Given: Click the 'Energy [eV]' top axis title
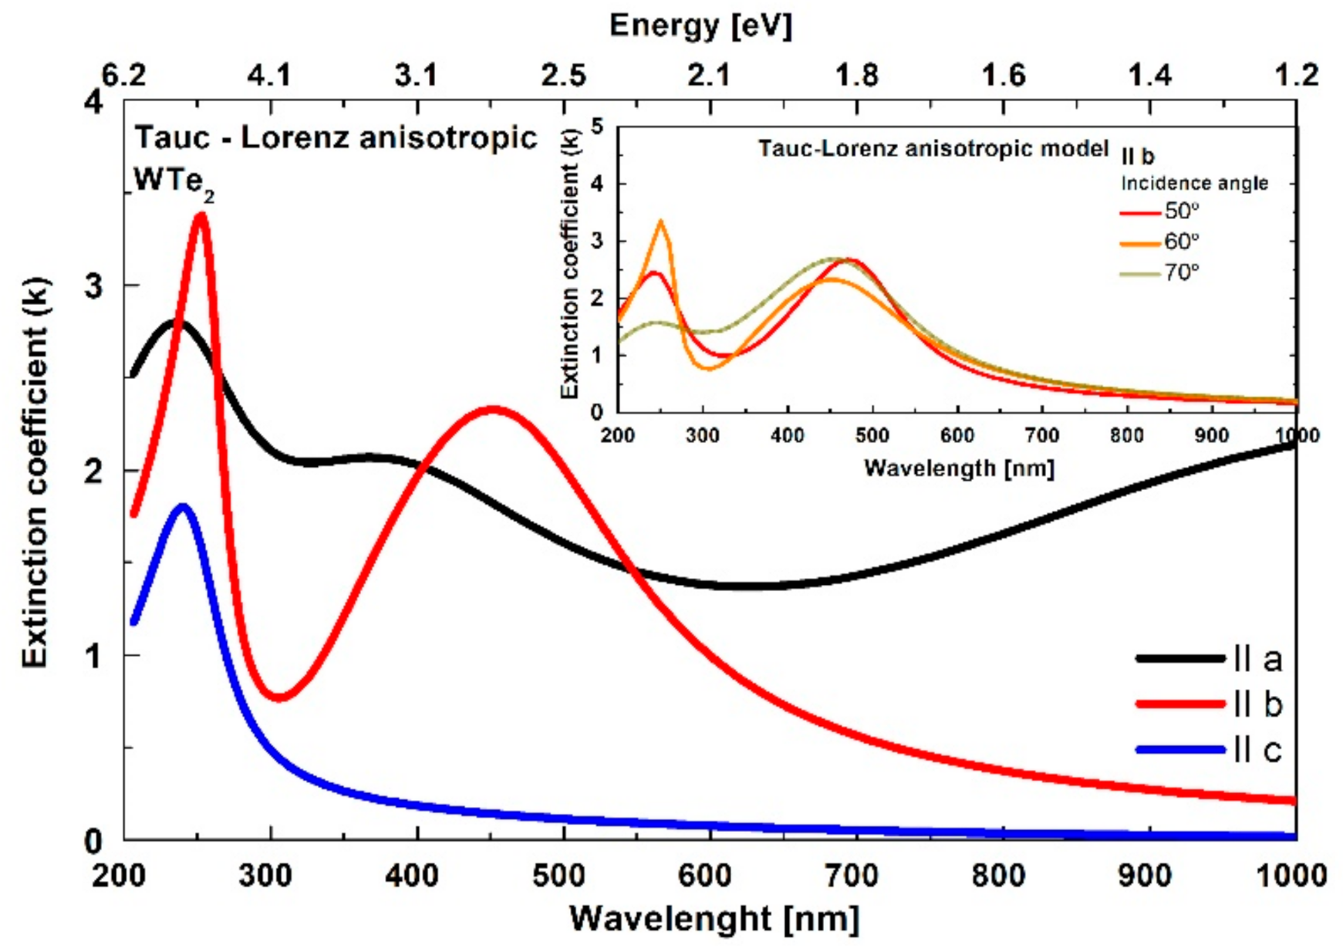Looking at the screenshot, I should coord(700,26).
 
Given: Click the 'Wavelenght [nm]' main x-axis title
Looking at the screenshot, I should coord(714,918).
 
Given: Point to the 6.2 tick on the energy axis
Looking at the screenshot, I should coord(123,75).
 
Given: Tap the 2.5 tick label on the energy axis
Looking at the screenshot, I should coord(563,75).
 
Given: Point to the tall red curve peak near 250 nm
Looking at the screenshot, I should coord(202,216).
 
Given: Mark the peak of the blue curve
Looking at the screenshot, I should coord(183,507).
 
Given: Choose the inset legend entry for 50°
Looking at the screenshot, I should coord(1159,211).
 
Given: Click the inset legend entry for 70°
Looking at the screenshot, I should coord(1159,272).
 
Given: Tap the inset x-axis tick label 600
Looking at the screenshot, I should coord(957,435).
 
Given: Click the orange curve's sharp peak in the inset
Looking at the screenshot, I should coord(661,223).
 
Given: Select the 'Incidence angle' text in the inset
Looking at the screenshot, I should coord(1194,183).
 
